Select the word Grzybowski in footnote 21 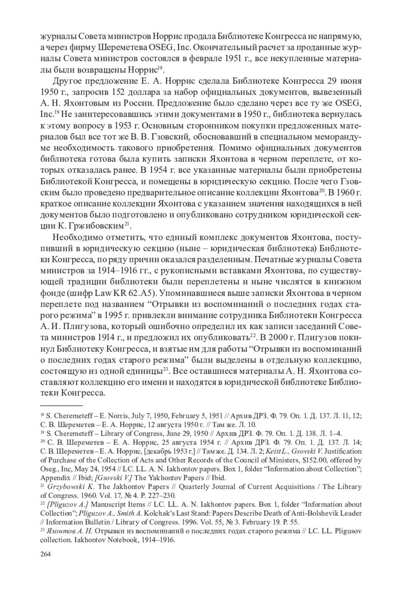point(66,487)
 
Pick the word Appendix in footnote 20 point(53,478)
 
